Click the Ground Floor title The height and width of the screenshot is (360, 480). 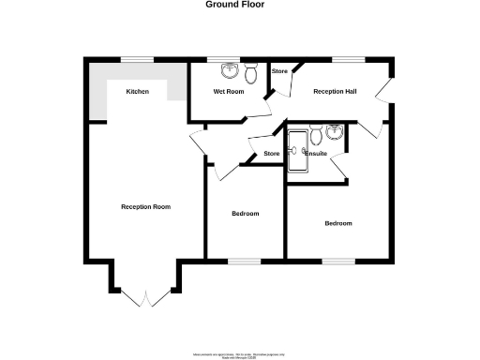(x=234, y=5)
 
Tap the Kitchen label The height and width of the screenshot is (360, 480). (x=138, y=91)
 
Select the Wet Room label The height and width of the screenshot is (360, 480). (x=228, y=92)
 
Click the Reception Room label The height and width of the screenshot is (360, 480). (x=145, y=206)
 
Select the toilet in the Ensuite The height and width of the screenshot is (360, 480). (x=316, y=135)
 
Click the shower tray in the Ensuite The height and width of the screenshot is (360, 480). (x=297, y=150)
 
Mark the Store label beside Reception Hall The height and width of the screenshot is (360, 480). (x=278, y=72)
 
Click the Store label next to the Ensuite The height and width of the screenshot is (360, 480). (x=272, y=154)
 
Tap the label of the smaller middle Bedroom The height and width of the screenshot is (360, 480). (x=245, y=214)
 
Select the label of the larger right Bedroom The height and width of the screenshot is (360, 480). (x=337, y=223)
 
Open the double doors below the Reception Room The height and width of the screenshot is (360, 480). (x=145, y=298)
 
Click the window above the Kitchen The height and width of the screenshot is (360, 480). (x=138, y=60)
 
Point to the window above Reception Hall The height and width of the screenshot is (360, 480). (x=349, y=60)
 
